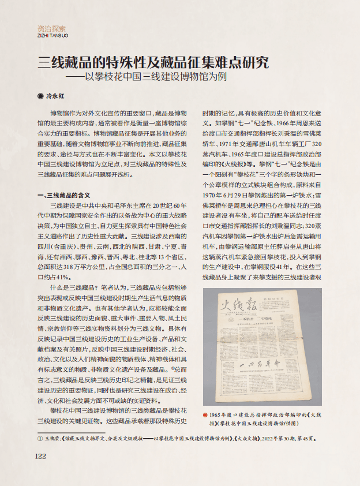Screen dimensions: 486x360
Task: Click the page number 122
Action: click(x=40, y=455)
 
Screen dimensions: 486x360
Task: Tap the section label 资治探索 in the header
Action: click(x=51, y=28)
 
